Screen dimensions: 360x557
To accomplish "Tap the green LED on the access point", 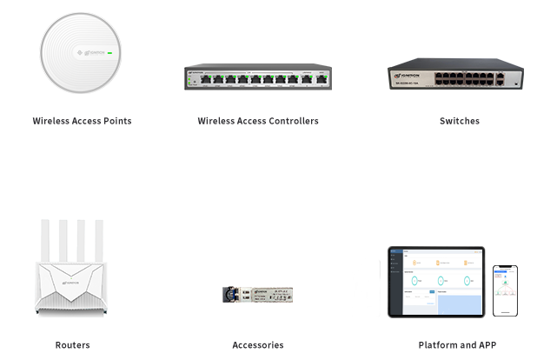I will pos(111,54).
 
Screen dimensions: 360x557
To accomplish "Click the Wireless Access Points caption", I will pos(82,121).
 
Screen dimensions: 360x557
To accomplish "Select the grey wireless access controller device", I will pos(258,77).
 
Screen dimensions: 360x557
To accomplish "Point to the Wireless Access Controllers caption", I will pos(258,121).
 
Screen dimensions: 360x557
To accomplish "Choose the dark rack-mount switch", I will pos(455,74).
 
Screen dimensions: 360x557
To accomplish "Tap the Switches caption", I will pos(459,121).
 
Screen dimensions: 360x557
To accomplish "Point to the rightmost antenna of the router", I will pos(102,239).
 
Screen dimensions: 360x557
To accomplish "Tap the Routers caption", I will pos(72,345).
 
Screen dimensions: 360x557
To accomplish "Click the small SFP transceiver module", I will pos(257,294).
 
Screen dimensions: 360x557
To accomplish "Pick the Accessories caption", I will pos(257,345).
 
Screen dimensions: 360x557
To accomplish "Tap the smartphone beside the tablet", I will pos(505,290).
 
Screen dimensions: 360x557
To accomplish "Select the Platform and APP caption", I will pos(457,345).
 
